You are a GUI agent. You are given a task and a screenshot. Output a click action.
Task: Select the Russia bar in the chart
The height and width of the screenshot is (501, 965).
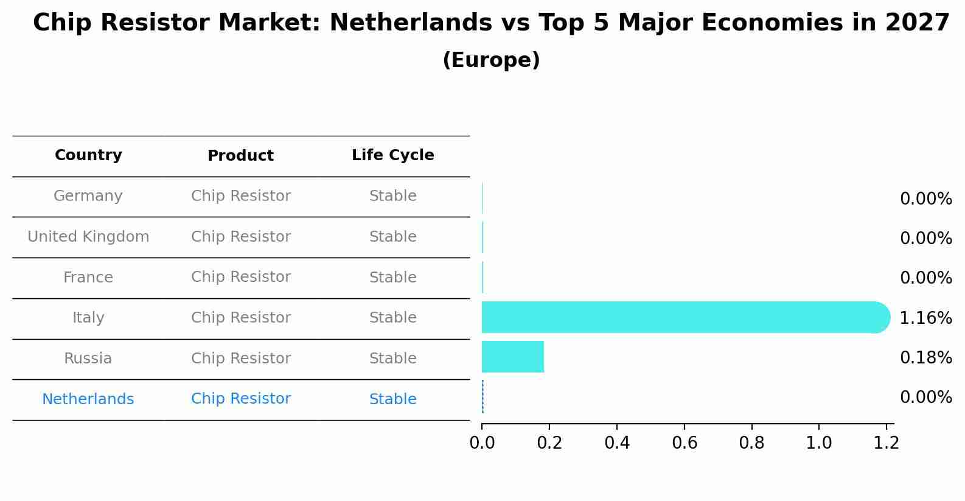512,357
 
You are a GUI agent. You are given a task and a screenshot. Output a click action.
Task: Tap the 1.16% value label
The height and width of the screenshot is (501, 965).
925,318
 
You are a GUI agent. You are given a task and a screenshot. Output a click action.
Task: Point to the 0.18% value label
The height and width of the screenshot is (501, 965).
925,357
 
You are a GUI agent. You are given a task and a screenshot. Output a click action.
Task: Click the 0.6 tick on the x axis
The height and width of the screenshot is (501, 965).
685,443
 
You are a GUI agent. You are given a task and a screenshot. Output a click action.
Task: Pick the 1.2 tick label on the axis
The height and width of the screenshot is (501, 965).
886,443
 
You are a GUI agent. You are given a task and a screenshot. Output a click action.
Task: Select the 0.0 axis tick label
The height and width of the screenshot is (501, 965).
482,443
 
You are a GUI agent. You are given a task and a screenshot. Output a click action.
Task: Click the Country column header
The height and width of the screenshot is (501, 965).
88,155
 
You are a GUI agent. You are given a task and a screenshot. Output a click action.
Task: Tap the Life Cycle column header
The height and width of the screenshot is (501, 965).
392,155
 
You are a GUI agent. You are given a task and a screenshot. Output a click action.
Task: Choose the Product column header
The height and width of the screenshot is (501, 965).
240,156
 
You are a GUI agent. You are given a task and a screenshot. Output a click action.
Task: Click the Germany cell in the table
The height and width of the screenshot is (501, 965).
88,196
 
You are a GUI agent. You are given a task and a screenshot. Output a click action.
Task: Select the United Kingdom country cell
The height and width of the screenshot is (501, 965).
88,237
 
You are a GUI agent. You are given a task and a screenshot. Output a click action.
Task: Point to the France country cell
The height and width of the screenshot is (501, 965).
88,278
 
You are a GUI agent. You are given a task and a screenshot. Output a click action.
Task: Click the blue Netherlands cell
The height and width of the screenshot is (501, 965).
88,399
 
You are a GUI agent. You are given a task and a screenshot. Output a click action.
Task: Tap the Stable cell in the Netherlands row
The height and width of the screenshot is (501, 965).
392,399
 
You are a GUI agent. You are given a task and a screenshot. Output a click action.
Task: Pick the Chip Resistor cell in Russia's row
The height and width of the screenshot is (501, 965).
240,359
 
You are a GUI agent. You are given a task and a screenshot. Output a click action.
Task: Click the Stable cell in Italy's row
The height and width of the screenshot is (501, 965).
392,318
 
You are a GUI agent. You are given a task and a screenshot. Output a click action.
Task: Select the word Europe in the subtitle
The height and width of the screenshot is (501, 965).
491,60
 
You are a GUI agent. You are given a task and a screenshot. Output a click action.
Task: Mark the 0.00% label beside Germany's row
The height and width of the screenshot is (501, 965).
925,199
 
